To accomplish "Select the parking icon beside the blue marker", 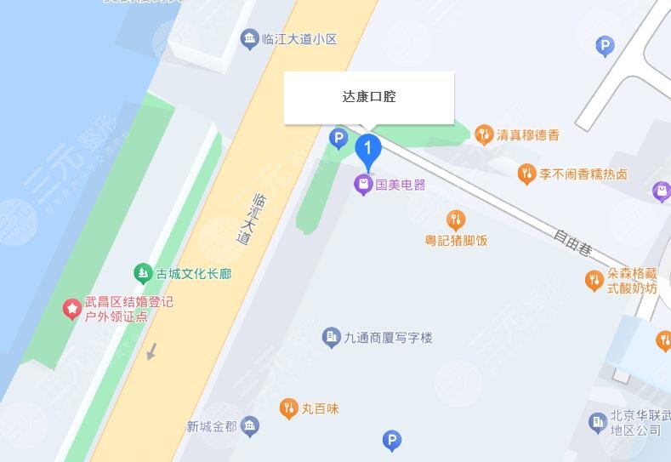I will (x=338, y=137).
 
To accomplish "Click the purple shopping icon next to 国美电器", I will (x=363, y=184).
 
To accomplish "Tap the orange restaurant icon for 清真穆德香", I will (x=484, y=134).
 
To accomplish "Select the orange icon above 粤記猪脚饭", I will (x=456, y=220).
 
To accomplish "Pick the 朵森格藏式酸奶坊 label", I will (x=632, y=281).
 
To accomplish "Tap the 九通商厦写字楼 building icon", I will (x=332, y=338).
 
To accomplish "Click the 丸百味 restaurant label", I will (x=320, y=409).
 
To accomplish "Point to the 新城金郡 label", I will (x=212, y=426).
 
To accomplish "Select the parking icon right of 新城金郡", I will (x=391, y=440).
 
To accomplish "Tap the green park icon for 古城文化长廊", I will (x=143, y=273).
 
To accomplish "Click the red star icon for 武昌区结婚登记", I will (x=72, y=308).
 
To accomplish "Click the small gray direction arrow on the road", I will (x=151, y=350).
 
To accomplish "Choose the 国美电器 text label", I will (x=401, y=184).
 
